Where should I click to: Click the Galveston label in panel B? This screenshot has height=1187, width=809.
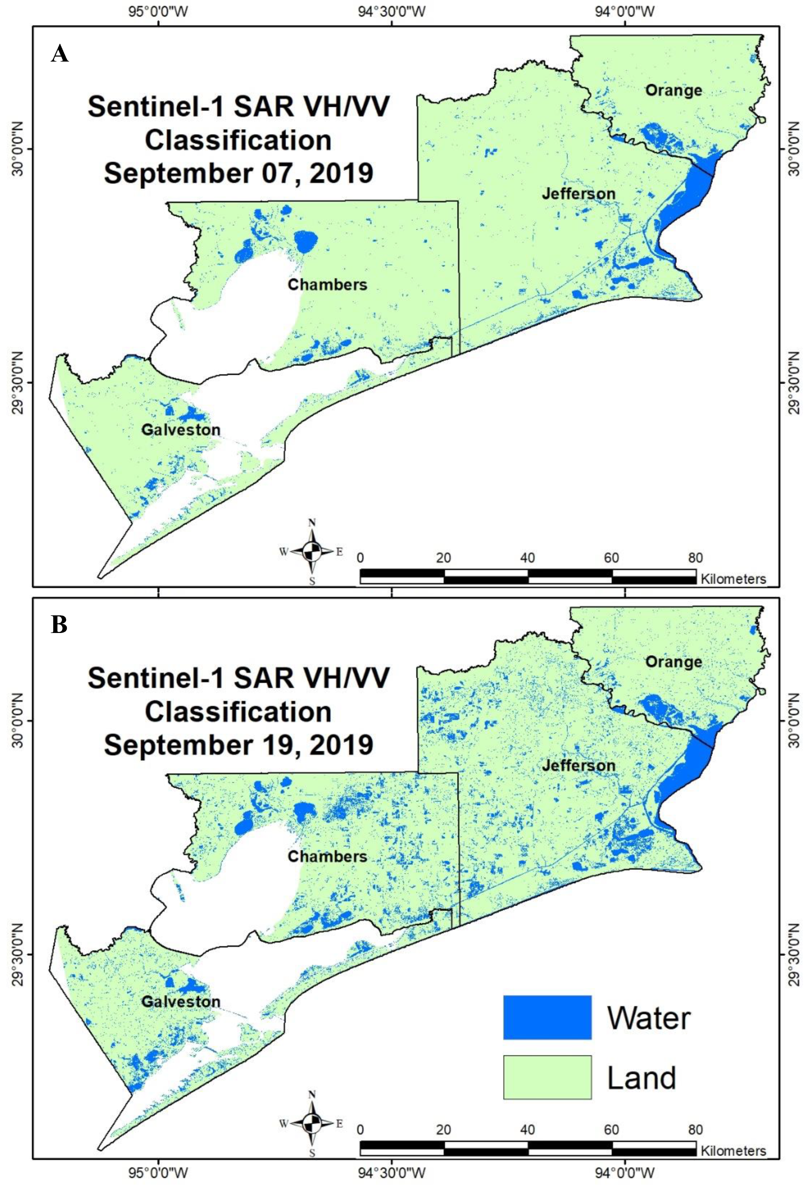(180, 1001)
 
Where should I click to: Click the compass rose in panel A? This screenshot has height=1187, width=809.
(312, 551)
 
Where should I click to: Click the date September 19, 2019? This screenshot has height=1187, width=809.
(238, 745)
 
